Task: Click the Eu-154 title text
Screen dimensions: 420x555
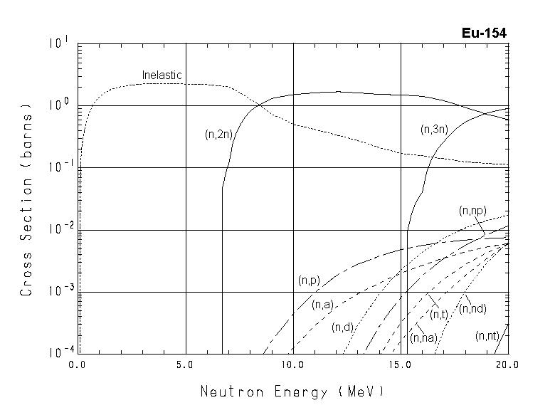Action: tap(485, 33)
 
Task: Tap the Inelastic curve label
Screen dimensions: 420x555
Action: tap(162, 75)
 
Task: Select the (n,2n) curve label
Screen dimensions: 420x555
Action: tap(218, 132)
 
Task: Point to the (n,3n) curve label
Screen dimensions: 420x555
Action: tap(433, 129)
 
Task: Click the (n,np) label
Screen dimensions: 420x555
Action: tap(473, 210)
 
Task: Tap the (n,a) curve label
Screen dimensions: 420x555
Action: tap(322, 305)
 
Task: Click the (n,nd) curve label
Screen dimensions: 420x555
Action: tap(473, 308)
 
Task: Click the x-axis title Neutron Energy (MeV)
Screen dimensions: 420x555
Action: tap(292, 392)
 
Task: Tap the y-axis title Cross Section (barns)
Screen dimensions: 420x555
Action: tap(27, 199)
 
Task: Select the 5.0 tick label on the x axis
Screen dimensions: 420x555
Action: tap(185, 364)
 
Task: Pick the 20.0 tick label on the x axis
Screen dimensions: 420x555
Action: tap(507, 364)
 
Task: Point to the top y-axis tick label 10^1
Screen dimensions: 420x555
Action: tap(58, 43)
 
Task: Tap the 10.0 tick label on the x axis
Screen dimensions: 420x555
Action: tap(292, 364)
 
